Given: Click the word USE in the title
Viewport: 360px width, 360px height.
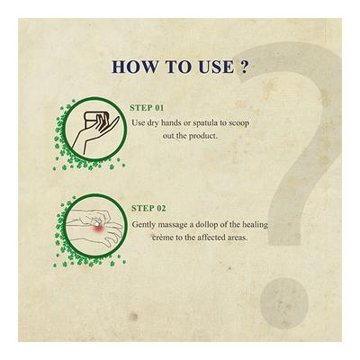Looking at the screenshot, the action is [216, 67].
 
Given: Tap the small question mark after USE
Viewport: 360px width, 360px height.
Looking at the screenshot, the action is [244, 67].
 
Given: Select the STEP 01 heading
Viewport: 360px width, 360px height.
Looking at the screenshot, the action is [147, 108].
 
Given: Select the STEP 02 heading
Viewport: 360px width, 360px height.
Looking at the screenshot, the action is [148, 209].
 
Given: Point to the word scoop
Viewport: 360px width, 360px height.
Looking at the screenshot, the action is [239, 123].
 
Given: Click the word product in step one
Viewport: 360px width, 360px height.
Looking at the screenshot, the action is [202, 137].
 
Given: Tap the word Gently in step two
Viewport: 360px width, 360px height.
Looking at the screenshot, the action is [144, 225].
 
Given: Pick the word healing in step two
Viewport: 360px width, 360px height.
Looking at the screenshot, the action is [255, 225].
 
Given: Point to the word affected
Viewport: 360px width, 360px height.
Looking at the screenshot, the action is [211, 238].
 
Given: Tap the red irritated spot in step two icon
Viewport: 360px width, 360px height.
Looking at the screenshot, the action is [98, 229].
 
